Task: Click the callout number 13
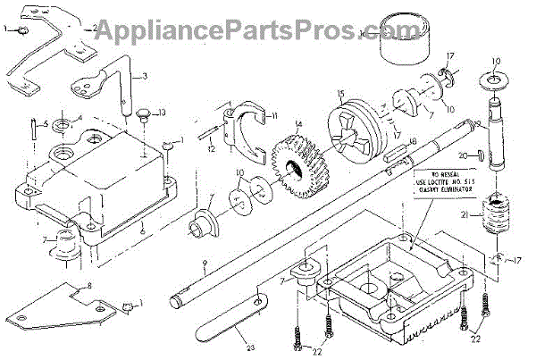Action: point(161,112)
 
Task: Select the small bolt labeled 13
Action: point(143,113)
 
